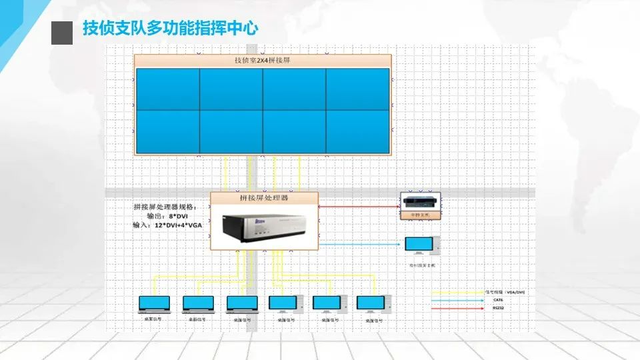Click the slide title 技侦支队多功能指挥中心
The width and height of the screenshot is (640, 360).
pos(170,29)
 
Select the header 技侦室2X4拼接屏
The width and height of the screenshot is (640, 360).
pos(262,61)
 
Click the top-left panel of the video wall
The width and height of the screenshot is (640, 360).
pos(167,89)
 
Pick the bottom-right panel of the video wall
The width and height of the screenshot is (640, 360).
pos(357,131)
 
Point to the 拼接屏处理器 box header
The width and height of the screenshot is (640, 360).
pos(264,198)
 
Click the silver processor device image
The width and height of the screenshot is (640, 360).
pos(257,227)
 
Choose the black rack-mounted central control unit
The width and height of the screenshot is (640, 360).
pos(420,203)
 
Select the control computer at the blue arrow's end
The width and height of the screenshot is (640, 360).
pos(421,245)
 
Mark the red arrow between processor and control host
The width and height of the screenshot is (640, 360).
pos(360,207)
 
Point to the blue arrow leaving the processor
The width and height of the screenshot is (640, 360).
pos(360,244)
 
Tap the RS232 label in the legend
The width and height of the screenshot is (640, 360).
pos(497,308)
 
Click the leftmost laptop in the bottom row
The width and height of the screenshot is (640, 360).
pos(154,304)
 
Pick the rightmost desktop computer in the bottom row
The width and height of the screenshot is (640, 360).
pos(371,304)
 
